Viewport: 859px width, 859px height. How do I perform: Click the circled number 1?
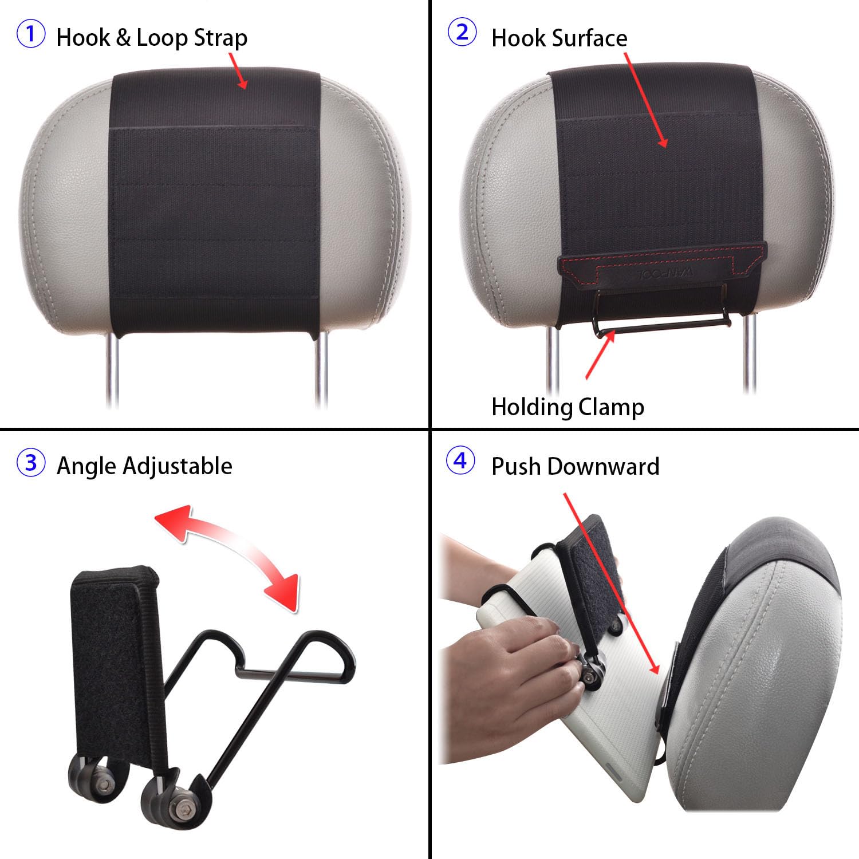(31, 34)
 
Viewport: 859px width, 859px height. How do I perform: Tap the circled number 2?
(462, 33)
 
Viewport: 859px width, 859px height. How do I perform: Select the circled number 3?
(31, 463)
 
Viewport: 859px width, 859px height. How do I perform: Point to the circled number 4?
(460, 461)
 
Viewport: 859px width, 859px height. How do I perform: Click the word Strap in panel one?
(220, 38)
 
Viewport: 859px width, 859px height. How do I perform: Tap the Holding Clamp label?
(568, 407)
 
